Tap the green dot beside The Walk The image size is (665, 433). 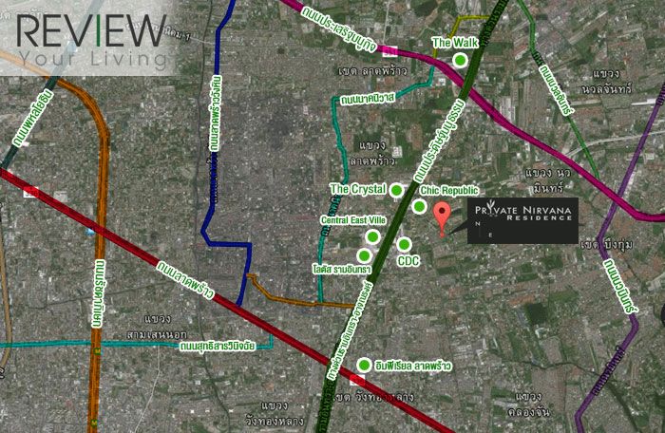pos(461,61)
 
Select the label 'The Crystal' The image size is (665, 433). pos(357,190)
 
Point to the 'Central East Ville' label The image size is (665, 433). pos(351,219)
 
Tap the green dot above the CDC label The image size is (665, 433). pos(403,244)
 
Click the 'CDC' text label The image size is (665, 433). pos(408,260)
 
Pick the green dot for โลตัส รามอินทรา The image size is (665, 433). pos(363,255)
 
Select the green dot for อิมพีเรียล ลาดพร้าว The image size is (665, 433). pos(366,366)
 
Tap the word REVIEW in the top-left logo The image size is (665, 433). pos(91,30)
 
